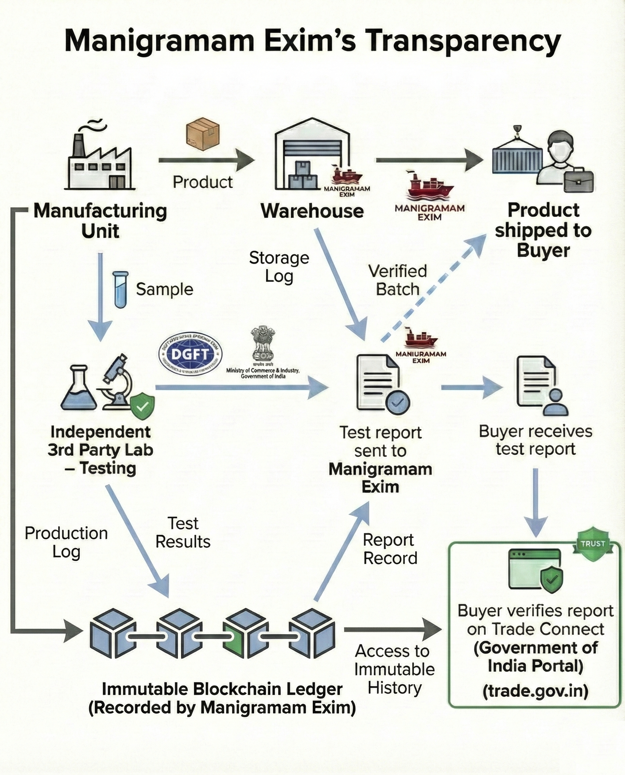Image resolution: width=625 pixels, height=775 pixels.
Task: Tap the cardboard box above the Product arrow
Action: pyautogui.click(x=203, y=134)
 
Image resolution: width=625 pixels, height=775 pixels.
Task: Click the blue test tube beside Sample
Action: pyautogui.click(x=120, y=290)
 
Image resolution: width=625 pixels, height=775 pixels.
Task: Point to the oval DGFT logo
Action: pyautogui.click(x=190, y=354)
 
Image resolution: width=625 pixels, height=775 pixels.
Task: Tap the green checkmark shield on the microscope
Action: pyautogui.click(x=142, y=407)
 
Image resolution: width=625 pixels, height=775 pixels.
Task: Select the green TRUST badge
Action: pyautogui.click(x=592, y=544)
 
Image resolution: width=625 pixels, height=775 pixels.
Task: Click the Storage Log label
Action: pyautogui.click(x=279, y=267)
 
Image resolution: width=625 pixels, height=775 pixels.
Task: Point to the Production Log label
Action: pyautogui.click(x=66, y=542)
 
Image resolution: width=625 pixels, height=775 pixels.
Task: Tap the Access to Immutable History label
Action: pyautogui.click(x=395, y=669)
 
